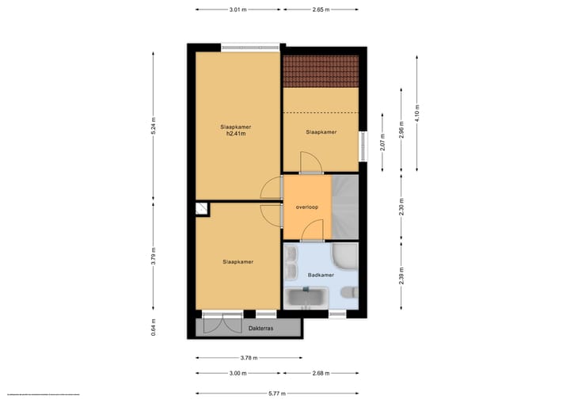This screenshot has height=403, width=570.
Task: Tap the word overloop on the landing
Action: (306, 207)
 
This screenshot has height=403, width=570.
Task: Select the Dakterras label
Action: (260, 326)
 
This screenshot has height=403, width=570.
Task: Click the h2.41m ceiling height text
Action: (236, 134)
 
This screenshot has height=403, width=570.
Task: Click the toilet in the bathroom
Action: (351, 295)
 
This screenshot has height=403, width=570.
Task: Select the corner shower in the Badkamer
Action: (345, 257)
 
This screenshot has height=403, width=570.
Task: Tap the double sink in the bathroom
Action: (291, 259)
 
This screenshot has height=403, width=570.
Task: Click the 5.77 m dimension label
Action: (276, 393)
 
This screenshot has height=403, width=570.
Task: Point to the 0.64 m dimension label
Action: (154, 327)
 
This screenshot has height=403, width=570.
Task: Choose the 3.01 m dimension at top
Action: (237, 10)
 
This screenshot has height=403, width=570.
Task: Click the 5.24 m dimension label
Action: (154, 127)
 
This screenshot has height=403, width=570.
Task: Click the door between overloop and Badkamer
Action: (312, 231)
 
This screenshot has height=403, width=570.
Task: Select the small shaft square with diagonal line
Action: (203, 208)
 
